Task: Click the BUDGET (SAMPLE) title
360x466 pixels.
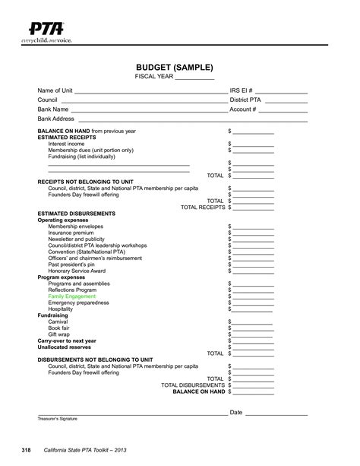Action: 180,67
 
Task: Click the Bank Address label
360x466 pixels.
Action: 55,119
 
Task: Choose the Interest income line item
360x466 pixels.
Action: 66,144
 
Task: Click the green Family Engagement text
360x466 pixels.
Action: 72,296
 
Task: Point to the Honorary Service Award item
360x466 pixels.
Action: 77,271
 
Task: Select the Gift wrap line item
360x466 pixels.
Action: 60,334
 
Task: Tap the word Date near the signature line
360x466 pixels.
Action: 235,413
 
